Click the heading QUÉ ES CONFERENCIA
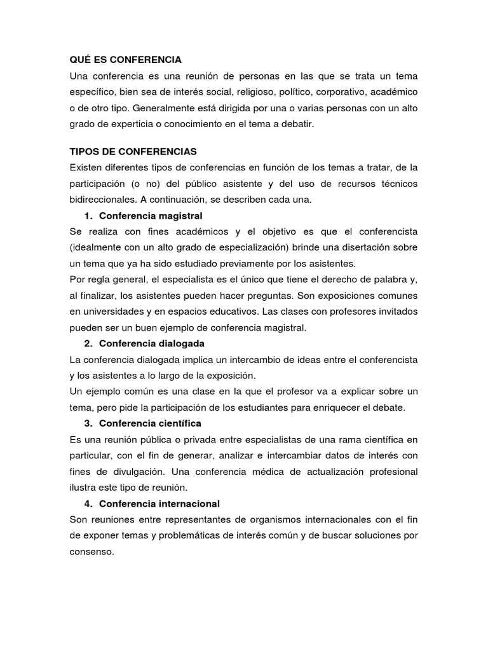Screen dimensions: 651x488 tap(125, 60)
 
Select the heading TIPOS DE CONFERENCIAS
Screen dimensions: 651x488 tap(133, 152)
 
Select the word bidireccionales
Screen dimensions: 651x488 tap(104, 200)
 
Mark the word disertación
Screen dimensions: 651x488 tap(373, 247)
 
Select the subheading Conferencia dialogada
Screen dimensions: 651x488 tap(152, 343)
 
